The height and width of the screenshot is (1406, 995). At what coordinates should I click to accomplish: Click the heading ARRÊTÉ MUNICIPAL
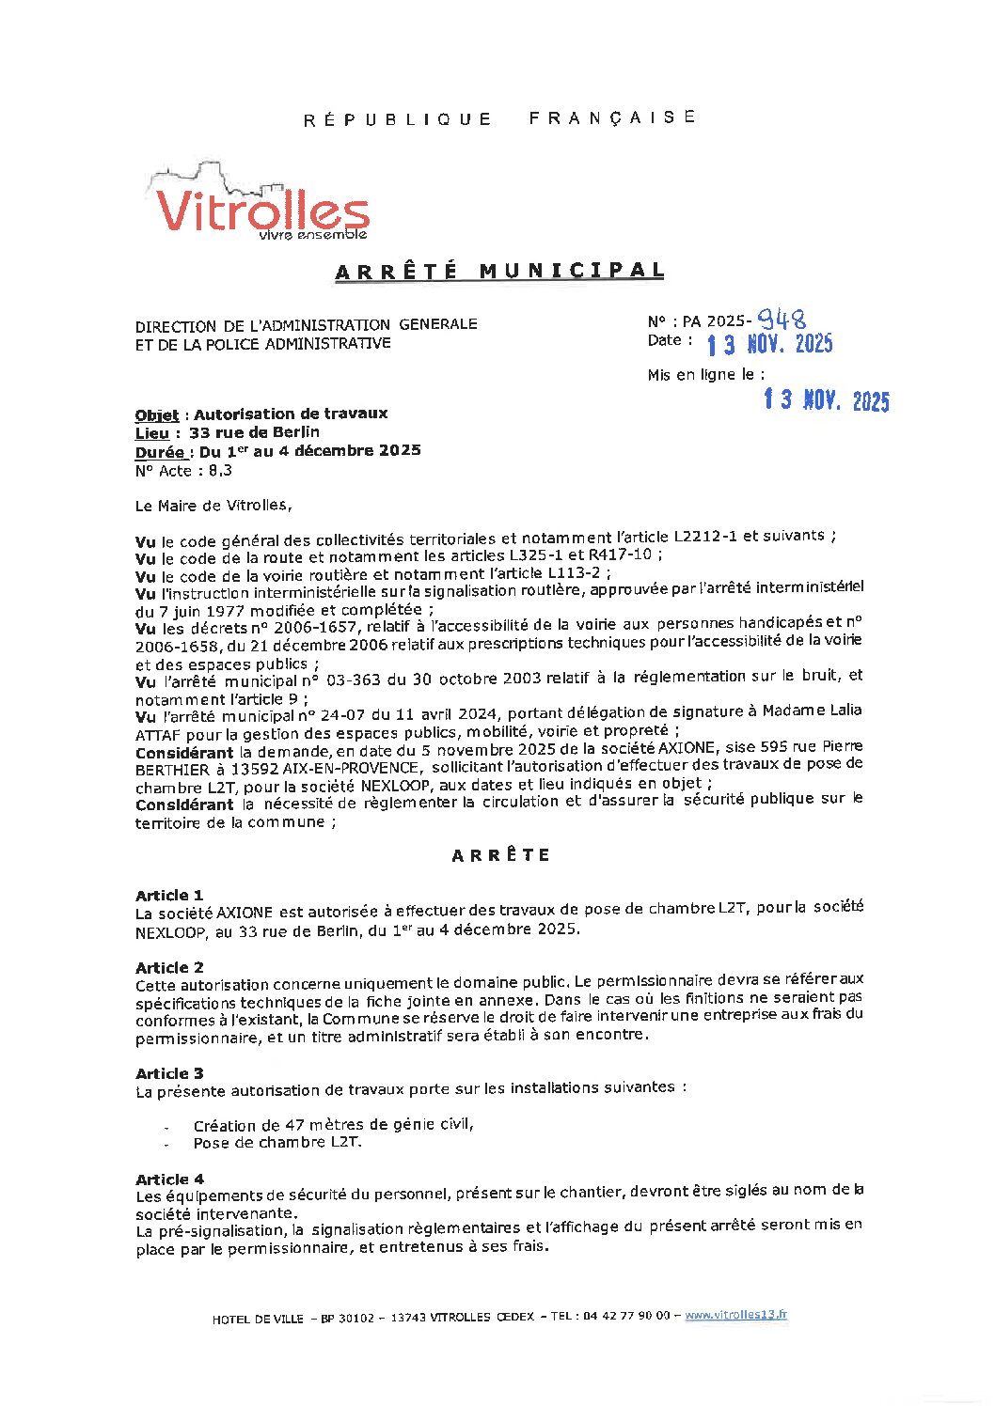pyautogui.click(x=499, y=271)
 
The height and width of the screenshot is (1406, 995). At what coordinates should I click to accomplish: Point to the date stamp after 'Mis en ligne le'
pyautogui.click(x=826, y=401)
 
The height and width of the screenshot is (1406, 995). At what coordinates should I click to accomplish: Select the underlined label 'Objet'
pyautogui.click(x=156, y=414)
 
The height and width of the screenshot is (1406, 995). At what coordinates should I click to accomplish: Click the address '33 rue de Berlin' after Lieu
pyautogui.click(x=254, y=432)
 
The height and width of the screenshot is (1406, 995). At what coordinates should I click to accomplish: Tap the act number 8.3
pyautogui.click(x=221, y=470)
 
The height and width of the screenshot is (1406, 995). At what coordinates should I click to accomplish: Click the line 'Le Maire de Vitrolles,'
pyautogui.click(x=213, y=506)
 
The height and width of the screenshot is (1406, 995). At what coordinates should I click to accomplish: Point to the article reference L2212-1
pyautogui.click(x=705, y=537)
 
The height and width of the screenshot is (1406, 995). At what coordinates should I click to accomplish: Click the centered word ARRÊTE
pyautogui.click(x=500, y=855)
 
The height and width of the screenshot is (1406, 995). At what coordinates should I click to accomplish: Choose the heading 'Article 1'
pyautogui.click(x=169, y=895)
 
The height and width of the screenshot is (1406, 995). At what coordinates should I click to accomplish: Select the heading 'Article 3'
pyautogui.click(x=169, y=1073)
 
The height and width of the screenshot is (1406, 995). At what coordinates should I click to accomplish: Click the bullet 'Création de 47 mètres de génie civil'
pyautogui.click(x=333, y=1125)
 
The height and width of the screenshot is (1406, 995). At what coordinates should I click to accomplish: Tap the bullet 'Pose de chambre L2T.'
pyautogui.click(x=277, y=1143)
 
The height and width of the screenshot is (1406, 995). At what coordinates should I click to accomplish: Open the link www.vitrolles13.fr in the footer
pyautogui.click(x=735, y=1315)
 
